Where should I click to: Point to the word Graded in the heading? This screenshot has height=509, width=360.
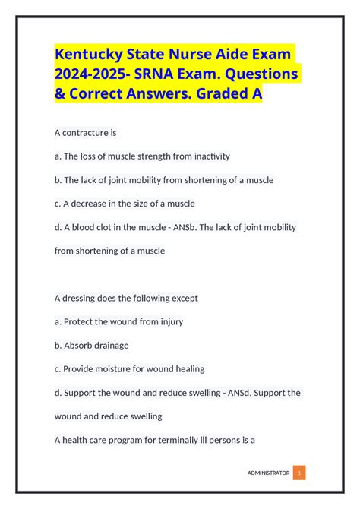220,96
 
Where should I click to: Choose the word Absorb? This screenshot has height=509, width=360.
80,345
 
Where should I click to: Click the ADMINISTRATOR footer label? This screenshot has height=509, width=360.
268,473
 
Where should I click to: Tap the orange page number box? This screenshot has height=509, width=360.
299,473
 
